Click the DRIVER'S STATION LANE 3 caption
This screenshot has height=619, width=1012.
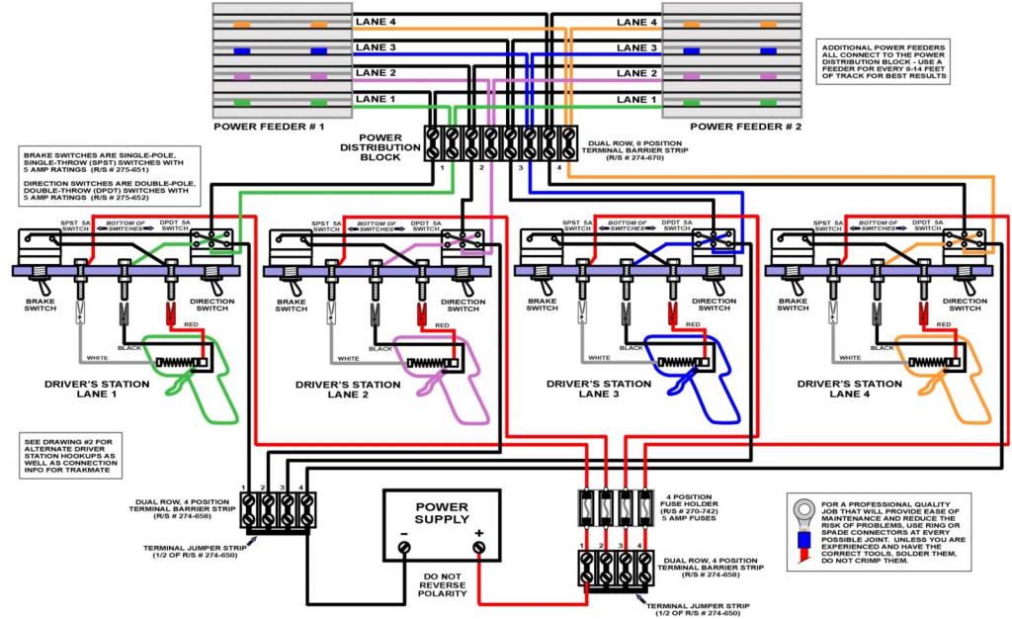[x=599, y=389]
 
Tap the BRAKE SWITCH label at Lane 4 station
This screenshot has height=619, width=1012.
[x=794, y=305]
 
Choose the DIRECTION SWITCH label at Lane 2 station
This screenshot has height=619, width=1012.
[x=464, y=305]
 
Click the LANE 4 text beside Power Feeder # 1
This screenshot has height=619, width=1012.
[x=376, y=22]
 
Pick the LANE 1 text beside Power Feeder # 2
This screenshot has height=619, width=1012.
[x=637, y=99]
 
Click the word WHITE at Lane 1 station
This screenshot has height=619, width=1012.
[x=97, y=358]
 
